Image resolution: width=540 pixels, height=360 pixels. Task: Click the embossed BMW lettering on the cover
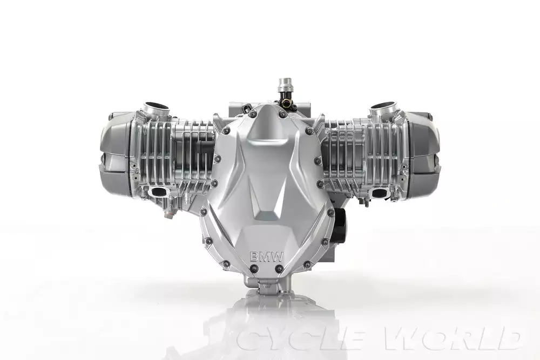click(267, 257)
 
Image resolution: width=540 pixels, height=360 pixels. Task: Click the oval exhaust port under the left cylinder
click(159, 192)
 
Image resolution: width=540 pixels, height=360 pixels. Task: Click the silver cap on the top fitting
click(285, 85)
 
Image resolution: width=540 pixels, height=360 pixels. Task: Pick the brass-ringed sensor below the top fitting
click(285, 101)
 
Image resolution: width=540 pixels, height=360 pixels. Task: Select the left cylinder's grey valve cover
click(116, 155)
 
